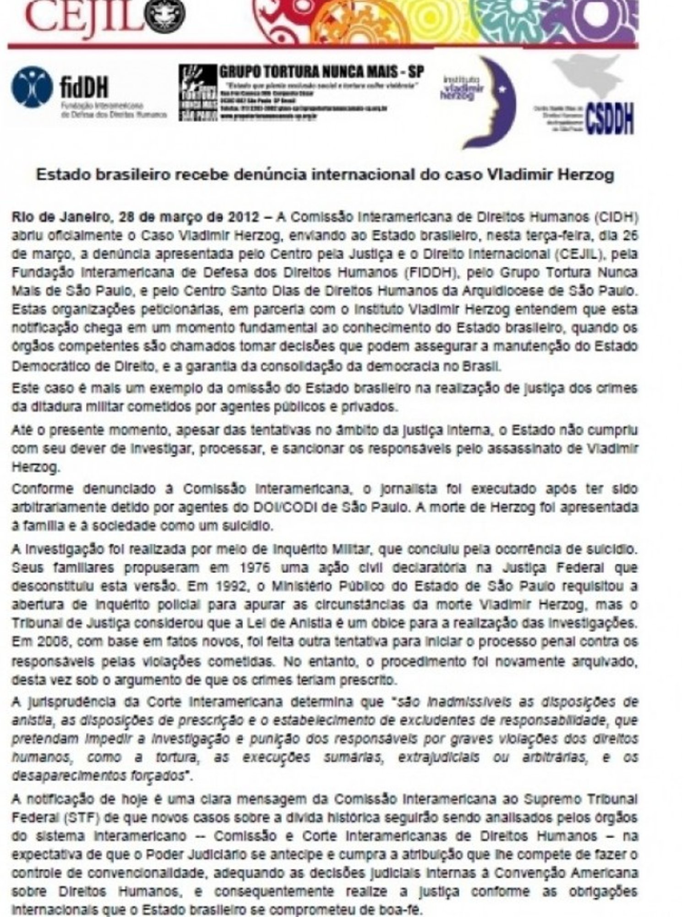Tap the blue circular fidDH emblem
point(32,87)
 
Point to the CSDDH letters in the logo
point(610,120)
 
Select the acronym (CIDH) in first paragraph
point(616,217)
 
